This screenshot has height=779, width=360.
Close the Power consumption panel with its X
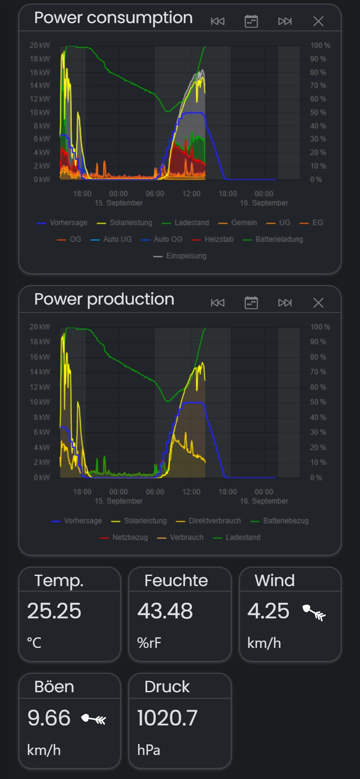tap(318, 21)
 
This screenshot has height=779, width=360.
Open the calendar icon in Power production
tap(251, 303)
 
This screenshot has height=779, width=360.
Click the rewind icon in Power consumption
tap(218, 21)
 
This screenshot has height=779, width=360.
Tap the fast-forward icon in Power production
tap(285, 303)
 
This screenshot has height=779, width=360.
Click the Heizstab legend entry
tap(212, 239)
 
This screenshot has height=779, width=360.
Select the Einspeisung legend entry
tap(180, 256)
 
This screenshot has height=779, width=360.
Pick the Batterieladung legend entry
tap(273, 239)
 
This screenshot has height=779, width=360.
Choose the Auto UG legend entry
tap(111, 239)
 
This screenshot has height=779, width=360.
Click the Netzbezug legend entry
tap(124, 537)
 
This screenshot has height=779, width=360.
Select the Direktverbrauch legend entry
tap(208, 521)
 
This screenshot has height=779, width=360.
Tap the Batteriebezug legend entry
tap(280, 521)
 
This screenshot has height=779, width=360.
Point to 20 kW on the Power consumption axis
tap(40, 45)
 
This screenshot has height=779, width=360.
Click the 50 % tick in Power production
tap(318, 402)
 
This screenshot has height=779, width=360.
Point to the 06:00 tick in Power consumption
tap(155, 194)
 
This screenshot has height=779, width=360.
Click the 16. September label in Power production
tap(264, 501)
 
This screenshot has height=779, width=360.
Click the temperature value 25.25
tap(54, 611)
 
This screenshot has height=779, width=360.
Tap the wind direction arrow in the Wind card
tap(314, 613)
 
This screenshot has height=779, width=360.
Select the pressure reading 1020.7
tap(167, 718)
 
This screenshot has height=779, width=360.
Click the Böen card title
tap(54, 687)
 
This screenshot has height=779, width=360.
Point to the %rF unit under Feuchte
tap(149, 643)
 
